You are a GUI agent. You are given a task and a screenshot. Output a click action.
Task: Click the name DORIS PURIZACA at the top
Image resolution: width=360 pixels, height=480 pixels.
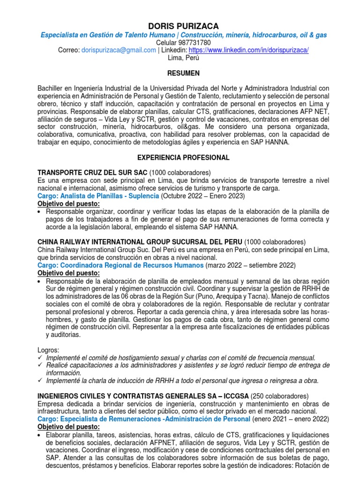coord(180,25)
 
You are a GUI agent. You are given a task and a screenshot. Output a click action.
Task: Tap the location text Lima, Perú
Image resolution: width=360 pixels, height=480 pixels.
coord(180,58)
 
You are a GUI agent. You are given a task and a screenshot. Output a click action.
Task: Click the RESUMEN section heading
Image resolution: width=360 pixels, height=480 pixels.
coord(180,73)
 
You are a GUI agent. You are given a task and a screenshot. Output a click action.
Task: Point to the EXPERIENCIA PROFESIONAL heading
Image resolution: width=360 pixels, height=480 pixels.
coord(180,157)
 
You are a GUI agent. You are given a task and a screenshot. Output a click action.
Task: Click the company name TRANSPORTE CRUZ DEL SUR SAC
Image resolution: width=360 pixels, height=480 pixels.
coord(92,172)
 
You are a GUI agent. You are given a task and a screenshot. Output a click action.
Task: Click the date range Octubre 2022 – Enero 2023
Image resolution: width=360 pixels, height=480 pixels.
coord(203,195)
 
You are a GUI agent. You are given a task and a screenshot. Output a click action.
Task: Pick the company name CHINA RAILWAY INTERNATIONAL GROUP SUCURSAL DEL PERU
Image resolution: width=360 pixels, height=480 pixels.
coord(140,241)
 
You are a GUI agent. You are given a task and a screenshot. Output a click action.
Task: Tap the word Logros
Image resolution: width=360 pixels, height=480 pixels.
coord(48,350)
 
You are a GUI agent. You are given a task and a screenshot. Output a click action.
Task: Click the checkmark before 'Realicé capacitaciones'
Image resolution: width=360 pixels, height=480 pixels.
coord(40,365)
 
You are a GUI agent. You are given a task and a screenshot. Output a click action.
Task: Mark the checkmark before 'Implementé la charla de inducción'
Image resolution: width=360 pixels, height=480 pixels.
coord(40,381)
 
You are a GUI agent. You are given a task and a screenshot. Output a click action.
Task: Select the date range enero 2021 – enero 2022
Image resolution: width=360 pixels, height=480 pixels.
coord(291,419)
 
